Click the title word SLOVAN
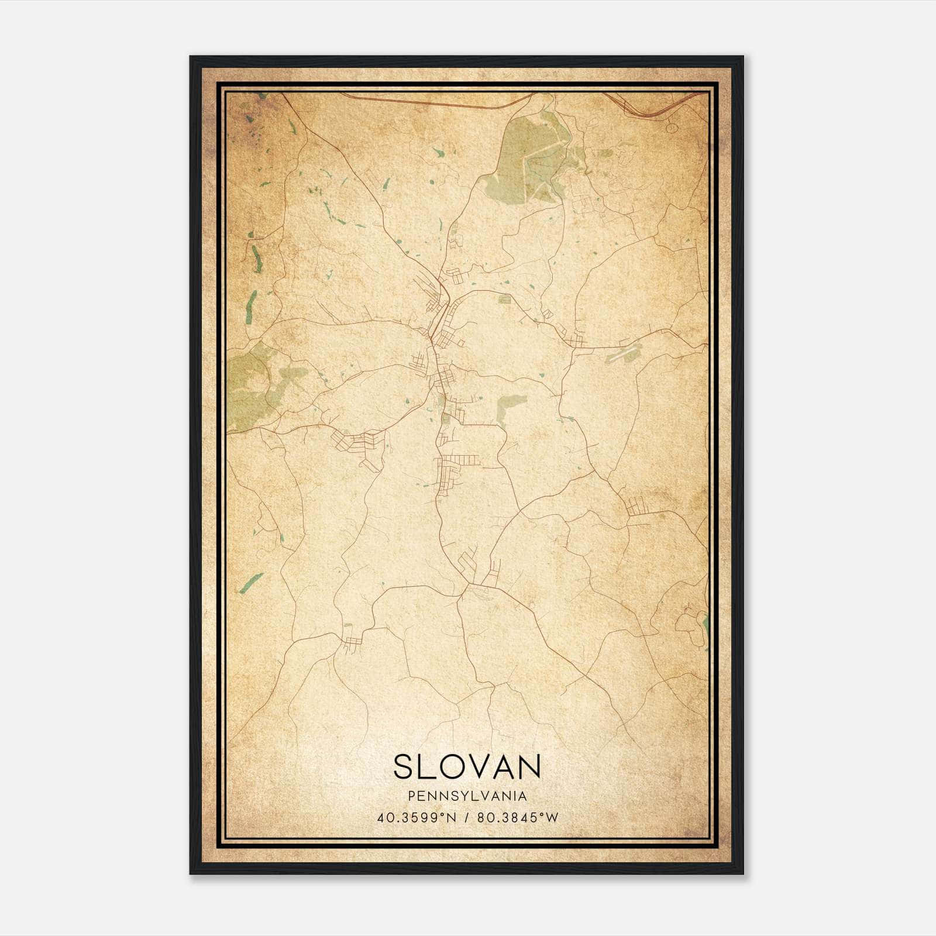click(467, 766)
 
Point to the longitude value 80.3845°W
click(518, 818)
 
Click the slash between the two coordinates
click(466, 818)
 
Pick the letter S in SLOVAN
click(403, 766)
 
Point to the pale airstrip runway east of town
click(624, 352)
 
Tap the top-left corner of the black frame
click(191, 57)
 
